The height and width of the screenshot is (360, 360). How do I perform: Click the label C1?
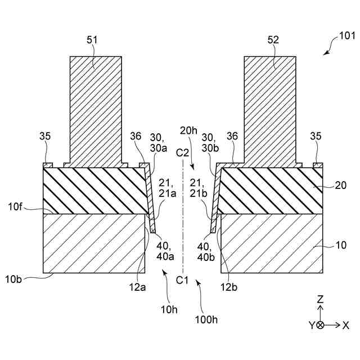[182, 280]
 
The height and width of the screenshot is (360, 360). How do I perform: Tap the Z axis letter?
[320, 300]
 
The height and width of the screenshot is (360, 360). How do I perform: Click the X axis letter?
[346, 325]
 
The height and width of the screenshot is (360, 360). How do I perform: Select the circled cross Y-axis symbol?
[320, 325]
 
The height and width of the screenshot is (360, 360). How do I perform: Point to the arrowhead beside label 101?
[326, 52]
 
